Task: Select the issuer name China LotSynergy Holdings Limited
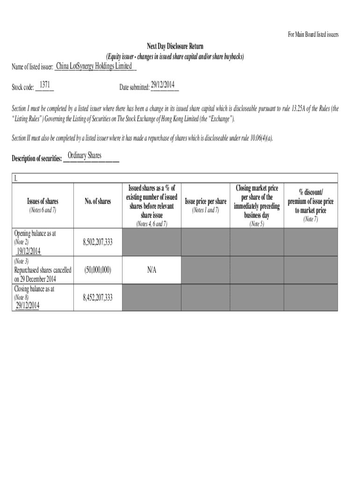94,66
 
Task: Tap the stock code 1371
45,85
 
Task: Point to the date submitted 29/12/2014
163,85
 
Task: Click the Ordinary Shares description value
85,155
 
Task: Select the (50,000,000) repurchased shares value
98,270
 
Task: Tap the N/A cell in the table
152,270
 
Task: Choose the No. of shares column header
98,201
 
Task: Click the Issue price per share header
206,201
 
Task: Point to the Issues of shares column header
43,201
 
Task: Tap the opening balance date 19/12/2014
28,251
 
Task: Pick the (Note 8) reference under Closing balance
21,297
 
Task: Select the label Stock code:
22,87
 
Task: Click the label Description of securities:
36,159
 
